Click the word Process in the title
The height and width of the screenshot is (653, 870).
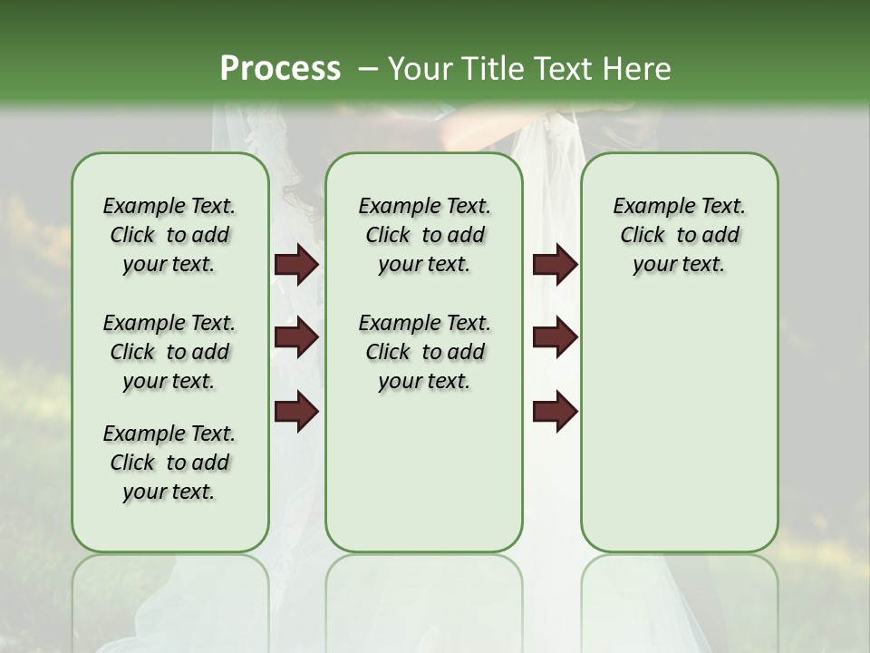(280, 69)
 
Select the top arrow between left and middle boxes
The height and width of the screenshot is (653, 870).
(296, 265)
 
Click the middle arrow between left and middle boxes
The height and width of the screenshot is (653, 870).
(296, 337)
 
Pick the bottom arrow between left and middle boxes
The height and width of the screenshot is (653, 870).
(296, 411)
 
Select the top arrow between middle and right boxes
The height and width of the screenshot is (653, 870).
(555, 265)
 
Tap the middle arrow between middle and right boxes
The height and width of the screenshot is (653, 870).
(555, 337)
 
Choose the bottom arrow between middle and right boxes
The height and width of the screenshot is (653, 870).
(555, 411)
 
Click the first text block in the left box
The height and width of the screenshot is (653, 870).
(169, 235)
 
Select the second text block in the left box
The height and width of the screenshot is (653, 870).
(169, 352)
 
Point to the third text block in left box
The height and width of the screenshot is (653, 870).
(169, 463)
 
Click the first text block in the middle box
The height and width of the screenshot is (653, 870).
(424, 235)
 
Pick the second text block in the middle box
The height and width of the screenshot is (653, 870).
(424, 352)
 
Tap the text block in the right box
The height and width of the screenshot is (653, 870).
(679, 235)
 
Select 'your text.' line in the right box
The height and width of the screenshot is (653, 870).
(679, 265)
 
